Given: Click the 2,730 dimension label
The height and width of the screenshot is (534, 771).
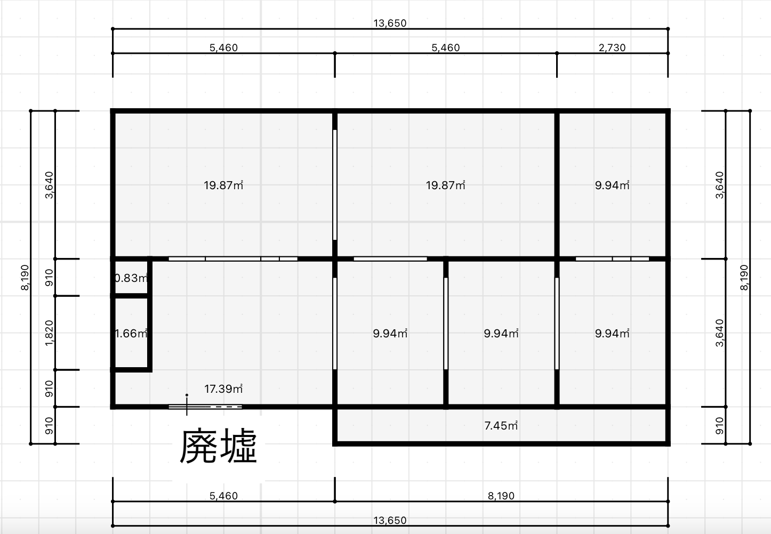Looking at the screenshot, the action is tap(612, 47).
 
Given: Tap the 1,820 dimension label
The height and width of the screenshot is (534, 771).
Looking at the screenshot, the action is tap(49, 333).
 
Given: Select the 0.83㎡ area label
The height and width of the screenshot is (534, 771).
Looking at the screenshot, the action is tap(131, 278).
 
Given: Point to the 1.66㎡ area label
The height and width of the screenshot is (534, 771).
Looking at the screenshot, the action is tap(131, 333).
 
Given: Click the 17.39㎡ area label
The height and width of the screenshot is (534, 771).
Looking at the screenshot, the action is tap(223, 389).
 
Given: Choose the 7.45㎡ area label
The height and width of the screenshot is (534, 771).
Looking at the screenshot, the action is tap(501, 426).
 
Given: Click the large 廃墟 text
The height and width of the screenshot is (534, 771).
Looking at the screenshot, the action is tap(218, 446).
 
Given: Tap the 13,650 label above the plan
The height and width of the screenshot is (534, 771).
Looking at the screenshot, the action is tap(390, 23).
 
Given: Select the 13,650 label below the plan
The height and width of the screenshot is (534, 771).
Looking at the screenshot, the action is tap(390, 520).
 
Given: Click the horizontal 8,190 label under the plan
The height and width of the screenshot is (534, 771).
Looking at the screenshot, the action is tap(501, 496).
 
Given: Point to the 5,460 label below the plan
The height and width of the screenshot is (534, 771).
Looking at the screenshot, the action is tap(224, 496).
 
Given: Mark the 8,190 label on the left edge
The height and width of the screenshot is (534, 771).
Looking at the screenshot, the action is tap(25, 277).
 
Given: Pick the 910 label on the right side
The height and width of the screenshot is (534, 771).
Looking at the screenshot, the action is tap(720, 426).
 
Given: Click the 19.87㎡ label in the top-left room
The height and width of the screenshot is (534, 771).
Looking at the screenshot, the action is tap(223, 185).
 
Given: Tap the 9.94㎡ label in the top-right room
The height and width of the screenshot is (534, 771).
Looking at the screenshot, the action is tap(612, 185).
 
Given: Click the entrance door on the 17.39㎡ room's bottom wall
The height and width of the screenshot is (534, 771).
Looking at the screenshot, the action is tap(205, 407).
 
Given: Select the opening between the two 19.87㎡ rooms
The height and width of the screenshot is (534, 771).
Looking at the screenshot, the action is tap(334, 184).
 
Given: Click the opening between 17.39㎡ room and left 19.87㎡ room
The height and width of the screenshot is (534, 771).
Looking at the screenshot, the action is tap(233, 259).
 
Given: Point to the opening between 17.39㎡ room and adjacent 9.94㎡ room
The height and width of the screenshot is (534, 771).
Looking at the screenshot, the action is tap(334, 323).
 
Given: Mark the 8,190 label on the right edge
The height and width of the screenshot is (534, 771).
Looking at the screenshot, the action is tap(744, 277).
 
